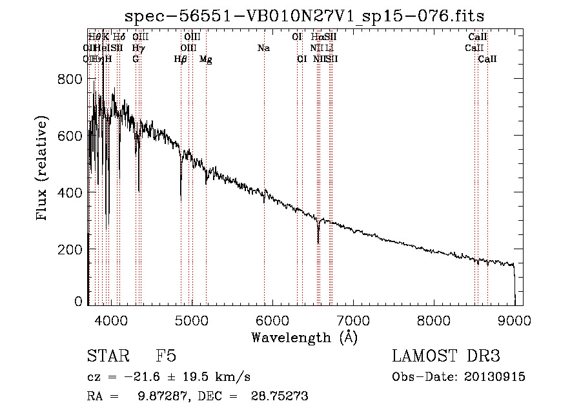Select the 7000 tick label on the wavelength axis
click(x=352, y=319)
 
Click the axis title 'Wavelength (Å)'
click(x=304, y=336)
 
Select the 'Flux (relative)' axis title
click(x=43, y=169)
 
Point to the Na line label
click(x=263, y=48)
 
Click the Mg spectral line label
click(x=206, y=59)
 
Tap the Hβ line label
click(x=181, y=59)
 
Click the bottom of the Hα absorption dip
click(x=318, y=243)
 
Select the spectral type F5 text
click(x=166, y=357)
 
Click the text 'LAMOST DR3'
click(x=445, y=357)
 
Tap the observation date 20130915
click(x=496, y=376)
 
